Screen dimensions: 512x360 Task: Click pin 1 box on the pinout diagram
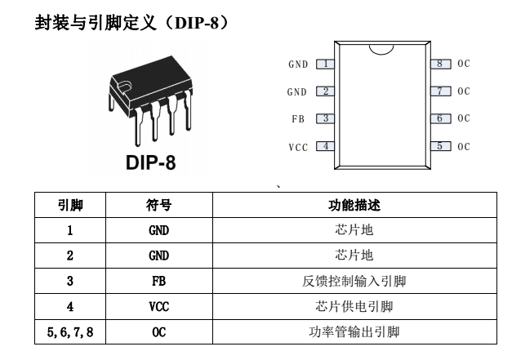tap(325, 64)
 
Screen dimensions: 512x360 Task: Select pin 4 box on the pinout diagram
tap(325, 146)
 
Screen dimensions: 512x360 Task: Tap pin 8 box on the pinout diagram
tap(440, 64)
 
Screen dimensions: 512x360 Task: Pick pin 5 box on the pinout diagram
tap(440, 146)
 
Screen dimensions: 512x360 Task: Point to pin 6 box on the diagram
tap(440, 118)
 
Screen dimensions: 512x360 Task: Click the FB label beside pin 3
tap(298, 119)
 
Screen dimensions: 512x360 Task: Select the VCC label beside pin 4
tap(298, 148)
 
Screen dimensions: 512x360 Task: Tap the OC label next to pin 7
tap(464, 91)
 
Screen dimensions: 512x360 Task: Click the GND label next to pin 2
tap(297, 92)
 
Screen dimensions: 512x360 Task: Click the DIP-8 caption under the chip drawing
tap(150, 162)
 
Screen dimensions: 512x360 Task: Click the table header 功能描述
tap(354, 205)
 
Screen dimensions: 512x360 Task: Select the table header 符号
tap(158, 205)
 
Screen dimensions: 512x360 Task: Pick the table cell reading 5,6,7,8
tap(70, 332)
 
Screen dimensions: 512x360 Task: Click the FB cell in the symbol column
tap(159, 281)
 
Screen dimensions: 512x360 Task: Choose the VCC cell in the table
tap(159, 307)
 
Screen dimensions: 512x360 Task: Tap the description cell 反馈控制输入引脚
tap(354, 281)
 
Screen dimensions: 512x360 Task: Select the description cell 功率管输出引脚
tap(354, 332)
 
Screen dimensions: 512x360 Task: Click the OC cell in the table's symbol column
tap(159, 332)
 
